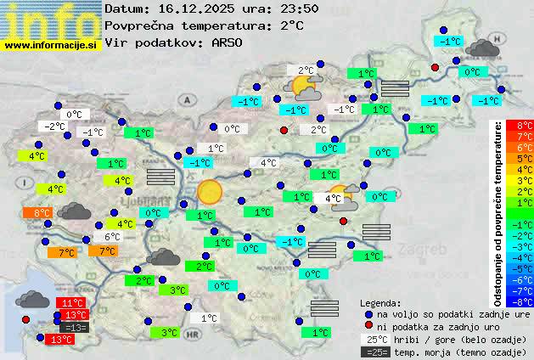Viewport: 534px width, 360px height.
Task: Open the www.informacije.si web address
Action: tap(51, 45)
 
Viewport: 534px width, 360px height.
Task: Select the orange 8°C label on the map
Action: tap(42, 213)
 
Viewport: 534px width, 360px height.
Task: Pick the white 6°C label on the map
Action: tap(112, 237)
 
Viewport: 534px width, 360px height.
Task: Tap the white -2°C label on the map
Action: tap(56, 127)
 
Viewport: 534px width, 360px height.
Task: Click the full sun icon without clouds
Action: tap(209, 191)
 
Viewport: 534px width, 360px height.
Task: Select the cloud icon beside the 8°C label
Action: tap(75, 211)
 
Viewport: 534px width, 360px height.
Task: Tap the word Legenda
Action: tap(380, 303)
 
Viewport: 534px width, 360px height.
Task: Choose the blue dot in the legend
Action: tap(368, 314)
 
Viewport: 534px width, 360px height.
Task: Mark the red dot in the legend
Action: tap(368, 327)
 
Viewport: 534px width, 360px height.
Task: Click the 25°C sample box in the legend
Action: tap(374, 340)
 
